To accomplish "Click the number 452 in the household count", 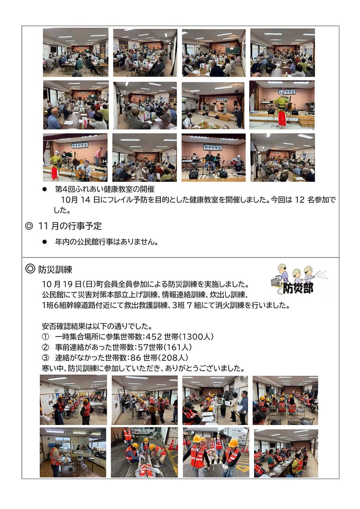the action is [x=154, y=337].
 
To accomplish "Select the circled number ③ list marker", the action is [x=45, y=358].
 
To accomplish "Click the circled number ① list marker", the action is [x=45, y=337].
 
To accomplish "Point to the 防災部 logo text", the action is [x=298, y=288].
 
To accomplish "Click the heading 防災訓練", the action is [x=55, y=269].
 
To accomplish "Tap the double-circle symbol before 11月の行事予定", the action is [x=29, y=226].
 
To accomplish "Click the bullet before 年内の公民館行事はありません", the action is [x=45, y=242].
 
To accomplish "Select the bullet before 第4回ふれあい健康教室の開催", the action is [x=45, y=189].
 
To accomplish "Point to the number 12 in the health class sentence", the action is [x=300, y=200].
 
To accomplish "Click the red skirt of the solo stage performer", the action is [x=282, y=118].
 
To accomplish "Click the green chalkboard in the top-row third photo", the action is [x=233, y=50].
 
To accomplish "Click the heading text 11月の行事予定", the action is [x=70, y=226].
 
